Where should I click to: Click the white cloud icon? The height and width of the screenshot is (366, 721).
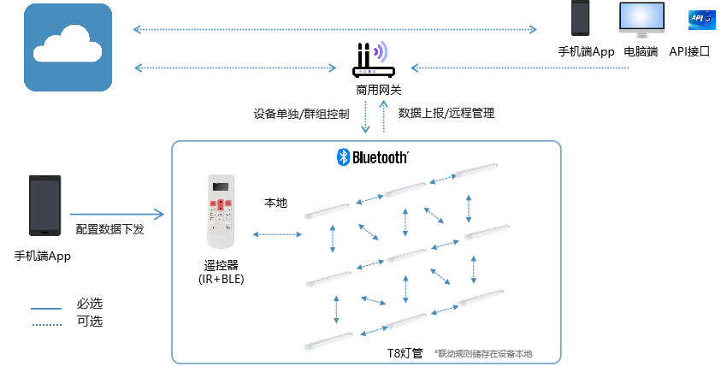point(68,47)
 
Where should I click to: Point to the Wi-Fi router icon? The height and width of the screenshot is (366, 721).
point(368,60)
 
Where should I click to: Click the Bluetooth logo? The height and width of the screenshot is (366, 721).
point(372,157)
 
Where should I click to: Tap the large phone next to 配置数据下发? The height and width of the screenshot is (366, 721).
point(45,205)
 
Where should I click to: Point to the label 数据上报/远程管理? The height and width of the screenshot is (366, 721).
point(446,113)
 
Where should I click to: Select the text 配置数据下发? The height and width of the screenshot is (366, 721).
point(109,229)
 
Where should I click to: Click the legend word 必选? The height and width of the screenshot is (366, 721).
point(90,304)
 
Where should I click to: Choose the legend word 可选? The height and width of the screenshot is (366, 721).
point(90,322)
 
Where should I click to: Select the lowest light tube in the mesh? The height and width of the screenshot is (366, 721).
point(329,340)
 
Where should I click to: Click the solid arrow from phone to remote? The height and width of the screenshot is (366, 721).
point(115,214)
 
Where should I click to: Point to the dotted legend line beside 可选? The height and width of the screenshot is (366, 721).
point(46,325)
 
